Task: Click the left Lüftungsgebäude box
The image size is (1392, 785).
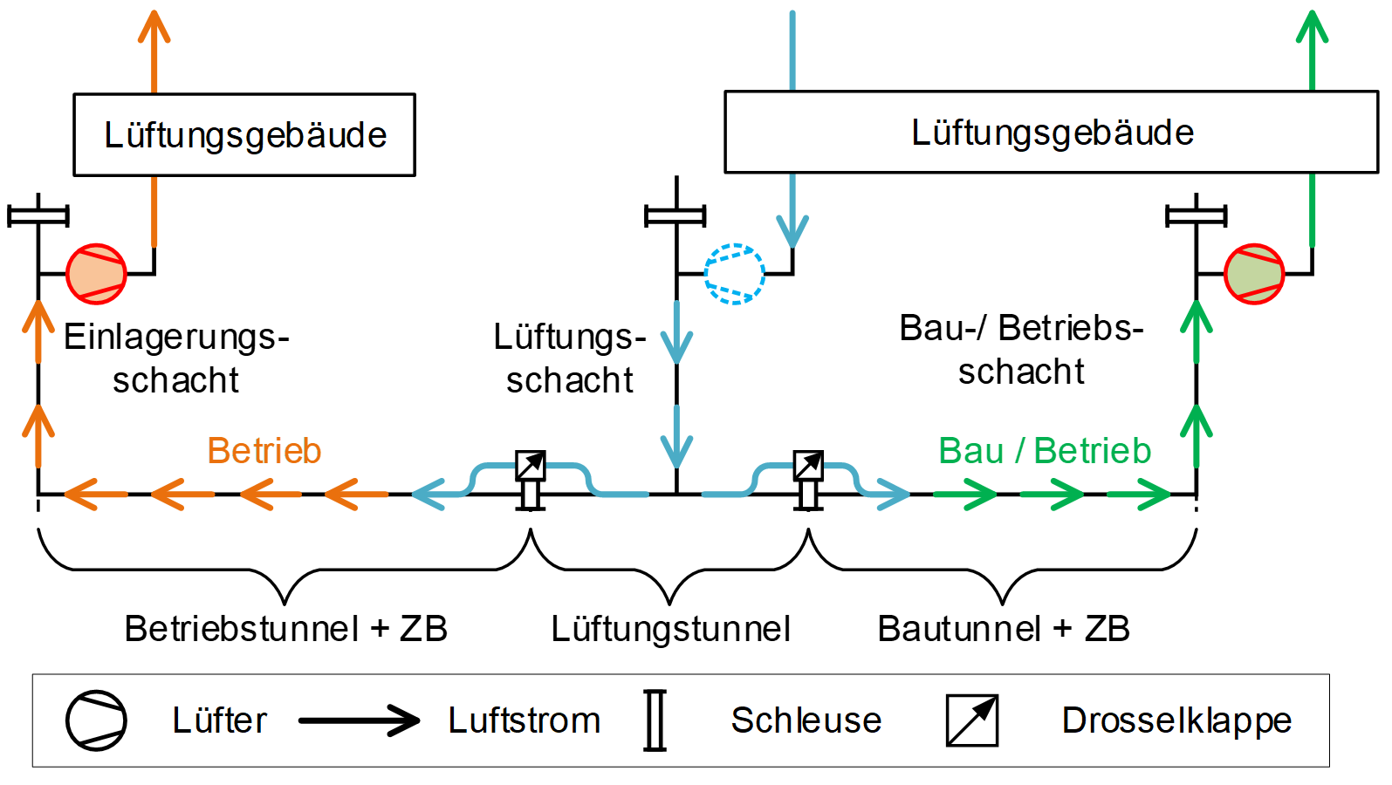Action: pos(244,135)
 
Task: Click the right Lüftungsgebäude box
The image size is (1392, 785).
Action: pos(1052,133)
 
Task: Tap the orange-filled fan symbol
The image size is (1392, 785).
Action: pos(97,274)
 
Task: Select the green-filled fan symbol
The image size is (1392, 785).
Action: pos(1254,274)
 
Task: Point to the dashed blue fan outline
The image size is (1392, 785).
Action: pos(734,274)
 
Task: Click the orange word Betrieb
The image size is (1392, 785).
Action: pos(264,451)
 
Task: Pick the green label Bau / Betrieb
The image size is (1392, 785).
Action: pos(1045,451)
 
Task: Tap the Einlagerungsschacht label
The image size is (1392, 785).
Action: pos(176,358)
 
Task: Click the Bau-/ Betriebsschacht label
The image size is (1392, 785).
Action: pos(1021,350)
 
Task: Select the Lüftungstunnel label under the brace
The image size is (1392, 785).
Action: pos(670,629)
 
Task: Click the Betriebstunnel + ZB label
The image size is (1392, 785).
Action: pos(285,629)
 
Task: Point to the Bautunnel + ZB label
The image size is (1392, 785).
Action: pos(1004,629)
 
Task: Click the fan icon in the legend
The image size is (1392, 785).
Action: pos(97,720)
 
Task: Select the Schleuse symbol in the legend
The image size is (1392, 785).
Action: pos(655,720)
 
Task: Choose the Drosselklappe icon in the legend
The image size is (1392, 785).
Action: pos(972,720)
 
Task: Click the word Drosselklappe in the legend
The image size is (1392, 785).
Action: pos(1176,720)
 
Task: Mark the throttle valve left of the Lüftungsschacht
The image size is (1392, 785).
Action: pos(530,466)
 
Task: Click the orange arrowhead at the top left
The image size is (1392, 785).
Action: pos(154,26)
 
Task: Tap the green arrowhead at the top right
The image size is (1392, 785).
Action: pos(1312,26)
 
